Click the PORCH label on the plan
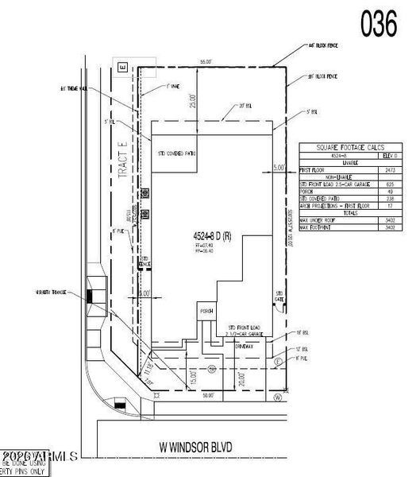coord(206,311)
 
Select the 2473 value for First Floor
coord(388,171)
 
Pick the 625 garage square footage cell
coord(388,184)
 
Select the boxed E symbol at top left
coord(122,69)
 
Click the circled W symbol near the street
coord(277,395)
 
